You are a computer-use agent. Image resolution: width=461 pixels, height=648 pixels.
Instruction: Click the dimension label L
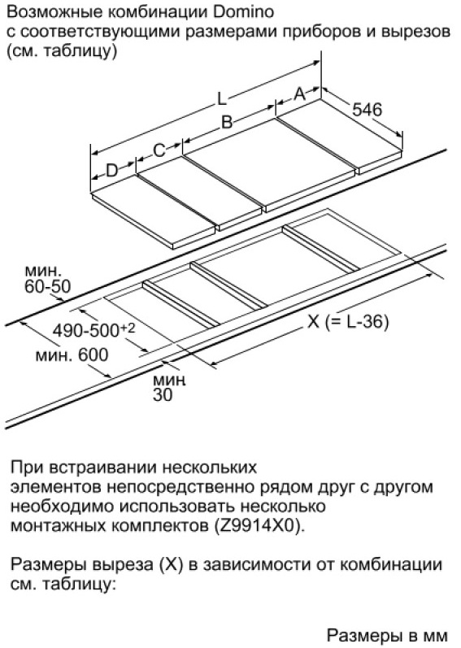click(222, 99)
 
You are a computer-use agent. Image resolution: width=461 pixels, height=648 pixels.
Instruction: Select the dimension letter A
click(299, 94)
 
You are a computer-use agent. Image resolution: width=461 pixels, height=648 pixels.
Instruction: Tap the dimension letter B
click(227, 122)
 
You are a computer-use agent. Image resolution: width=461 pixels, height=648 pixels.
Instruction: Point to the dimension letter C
click(159, 150)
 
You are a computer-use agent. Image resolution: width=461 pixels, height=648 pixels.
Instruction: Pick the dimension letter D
click(112, 170)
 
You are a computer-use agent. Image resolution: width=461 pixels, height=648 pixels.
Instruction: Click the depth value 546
click(367, 110)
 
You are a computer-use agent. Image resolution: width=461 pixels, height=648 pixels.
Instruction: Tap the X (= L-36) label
click(348, 321)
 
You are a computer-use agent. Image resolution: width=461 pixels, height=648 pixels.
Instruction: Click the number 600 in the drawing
click(93, 355)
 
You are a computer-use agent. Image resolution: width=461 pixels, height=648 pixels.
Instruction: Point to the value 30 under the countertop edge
click(163, 395)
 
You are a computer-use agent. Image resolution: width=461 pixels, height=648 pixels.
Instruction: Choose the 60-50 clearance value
click(47, 286)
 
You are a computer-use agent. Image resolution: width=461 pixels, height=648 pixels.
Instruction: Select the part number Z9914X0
click(259, 526)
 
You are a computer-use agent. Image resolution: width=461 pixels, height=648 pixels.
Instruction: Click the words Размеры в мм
click(387, 635)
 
